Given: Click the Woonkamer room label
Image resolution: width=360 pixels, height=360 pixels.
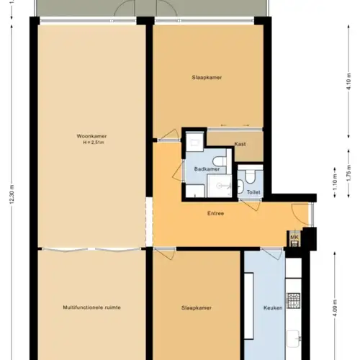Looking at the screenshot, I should click(x=91, y=136).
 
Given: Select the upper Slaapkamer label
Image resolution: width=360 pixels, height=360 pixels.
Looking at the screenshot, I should click(x=206, y=77).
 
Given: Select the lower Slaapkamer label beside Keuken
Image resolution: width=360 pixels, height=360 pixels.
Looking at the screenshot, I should click(x=195, y=307).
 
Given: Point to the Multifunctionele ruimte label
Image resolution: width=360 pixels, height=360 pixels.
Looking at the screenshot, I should click(x=91, y=307).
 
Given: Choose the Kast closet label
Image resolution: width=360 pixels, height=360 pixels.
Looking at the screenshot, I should click(x=240, y=144).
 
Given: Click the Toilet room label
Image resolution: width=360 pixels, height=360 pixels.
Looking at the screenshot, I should click(x=253, y=192).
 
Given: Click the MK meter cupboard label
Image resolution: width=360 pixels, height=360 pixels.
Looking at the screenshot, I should click(x=294, y=238).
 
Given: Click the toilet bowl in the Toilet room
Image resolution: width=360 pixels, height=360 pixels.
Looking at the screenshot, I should click(x=249, y=176).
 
